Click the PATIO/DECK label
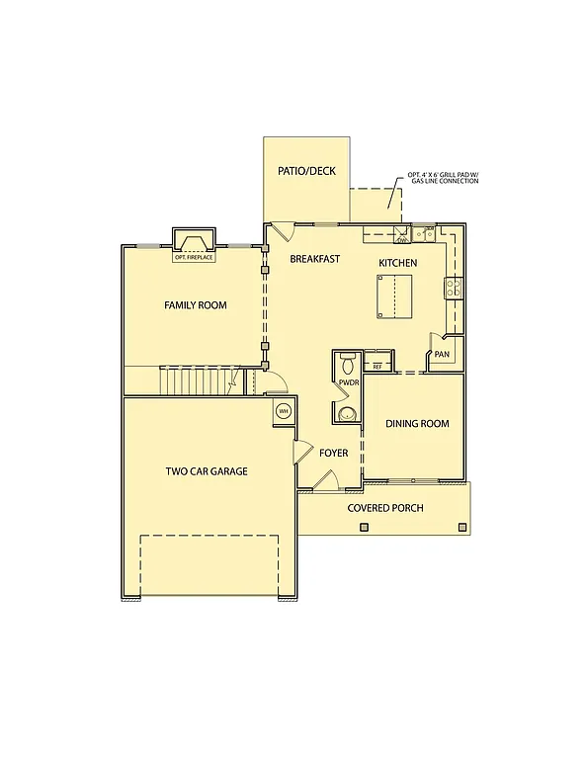pyautogui.click(x=306, y=171)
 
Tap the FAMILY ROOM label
pyautogui.click(x=195, y=305)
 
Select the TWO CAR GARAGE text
pyautogui.click(x=206, y=471)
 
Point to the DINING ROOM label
pyautogui.click(x=417, y=424)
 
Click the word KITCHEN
pyautogui.click(x=397, y=263)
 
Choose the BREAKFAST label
pyautogui.click(x=314, y=259)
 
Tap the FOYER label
pyautogui.click(x=333, y=453)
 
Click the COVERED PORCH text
pyautogui.click(x=384, y=508)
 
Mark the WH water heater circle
pyautogui.click(x=283, y=412)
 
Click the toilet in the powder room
pyautogui.click(x=346, y=362)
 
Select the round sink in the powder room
pyautogui.click(x=345, y=413)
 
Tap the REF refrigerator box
pyautogui.click(x=377, y=367)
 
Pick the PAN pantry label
pyautogui.click(x=442, y=354)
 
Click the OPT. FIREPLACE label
pyautogui.click(x=194, y=258)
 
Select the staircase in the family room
pyautogui.click(x=196, y=380)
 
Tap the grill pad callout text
pyautogui.click(x=442, y=180)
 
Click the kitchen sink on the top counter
pyautogui.click(x=424, y=233)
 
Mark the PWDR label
pyautogui.click(x=348, y=381)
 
